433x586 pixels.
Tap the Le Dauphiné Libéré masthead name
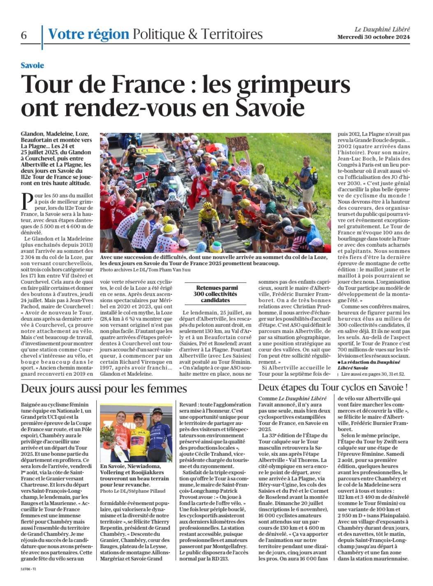[x=382, y=29]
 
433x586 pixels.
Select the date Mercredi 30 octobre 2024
[x=373, y=37]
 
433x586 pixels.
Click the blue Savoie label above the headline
[x=32, y=65]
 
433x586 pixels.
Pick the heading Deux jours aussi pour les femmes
[x=104, y=388]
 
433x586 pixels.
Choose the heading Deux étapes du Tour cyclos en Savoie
[x=333, y=387]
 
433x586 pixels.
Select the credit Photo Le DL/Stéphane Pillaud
[x=132, y=491]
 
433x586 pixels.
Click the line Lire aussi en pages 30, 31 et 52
[x=373, y=374]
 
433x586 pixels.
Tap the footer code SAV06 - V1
[x=28, y=569]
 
